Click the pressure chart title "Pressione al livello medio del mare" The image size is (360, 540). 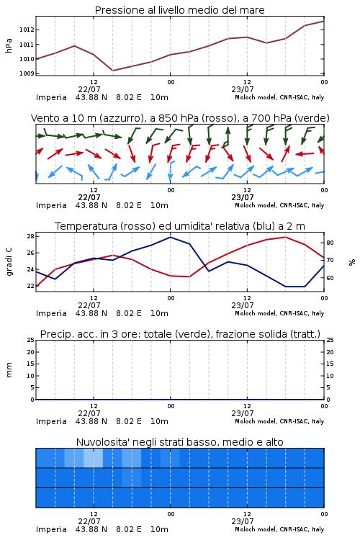point(179,10)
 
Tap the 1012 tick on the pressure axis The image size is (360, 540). point(27,30)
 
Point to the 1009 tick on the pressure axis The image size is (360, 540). point(27,73)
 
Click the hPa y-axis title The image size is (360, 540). point(9,46)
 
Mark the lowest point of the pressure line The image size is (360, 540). point(112,71)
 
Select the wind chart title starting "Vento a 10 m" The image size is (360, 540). point(180,118)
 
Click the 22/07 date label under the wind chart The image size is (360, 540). point(89,197)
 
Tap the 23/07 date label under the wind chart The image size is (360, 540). point(243,197)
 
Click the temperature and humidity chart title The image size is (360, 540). point(180,226)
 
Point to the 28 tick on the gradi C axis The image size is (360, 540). point(30,236)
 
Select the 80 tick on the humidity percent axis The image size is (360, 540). point(330,243)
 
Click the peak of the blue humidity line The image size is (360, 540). point(170,237)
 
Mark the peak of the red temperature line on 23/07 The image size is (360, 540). point(285,237)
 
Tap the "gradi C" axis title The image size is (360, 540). point(9,261)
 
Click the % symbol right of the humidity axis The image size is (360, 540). point(352,262)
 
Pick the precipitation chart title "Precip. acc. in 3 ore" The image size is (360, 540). point(180,334)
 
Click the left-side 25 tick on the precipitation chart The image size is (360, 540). point(30,340)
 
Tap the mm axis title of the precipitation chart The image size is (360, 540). point(9,370)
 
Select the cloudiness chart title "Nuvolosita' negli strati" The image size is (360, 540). point(179,442)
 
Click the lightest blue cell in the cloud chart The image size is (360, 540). point(94,458)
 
